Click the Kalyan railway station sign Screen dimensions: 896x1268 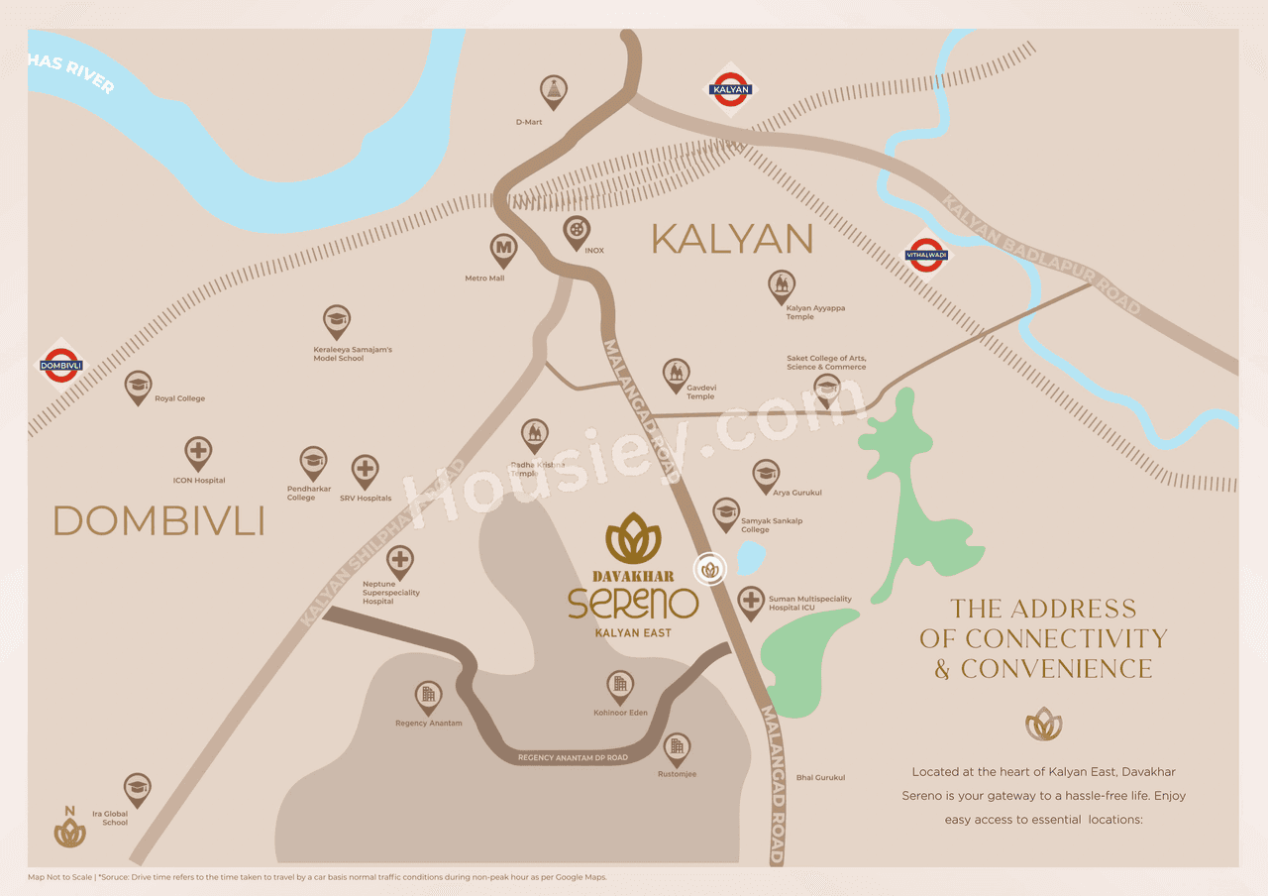coord(731,89)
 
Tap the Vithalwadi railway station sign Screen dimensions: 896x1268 coord(927,256)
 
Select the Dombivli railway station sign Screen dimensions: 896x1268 coord(61,366)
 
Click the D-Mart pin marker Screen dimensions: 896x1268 coord(554,92)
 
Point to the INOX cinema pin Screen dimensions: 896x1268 coord(576,233)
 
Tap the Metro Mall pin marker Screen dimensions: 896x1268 coord(503,250)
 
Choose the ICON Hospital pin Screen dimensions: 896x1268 coord(198,453)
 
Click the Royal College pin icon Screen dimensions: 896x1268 coord(139,387)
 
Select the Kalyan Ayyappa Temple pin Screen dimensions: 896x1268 coord(782,286)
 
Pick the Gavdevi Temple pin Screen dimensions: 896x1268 coord(676,375)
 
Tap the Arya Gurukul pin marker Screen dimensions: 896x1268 coord(766,475)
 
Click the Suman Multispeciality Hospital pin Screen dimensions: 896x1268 coord(751,602)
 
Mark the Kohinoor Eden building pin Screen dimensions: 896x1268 coord(620,685)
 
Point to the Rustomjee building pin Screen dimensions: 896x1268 coord(677,748)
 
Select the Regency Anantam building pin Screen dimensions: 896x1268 coord(428,697)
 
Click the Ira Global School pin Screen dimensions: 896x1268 coord(138,789)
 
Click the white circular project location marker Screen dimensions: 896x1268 coord(710,569)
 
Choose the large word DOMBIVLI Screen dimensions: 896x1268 coord(158,521)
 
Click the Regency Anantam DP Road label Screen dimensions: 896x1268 coord(573,758)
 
